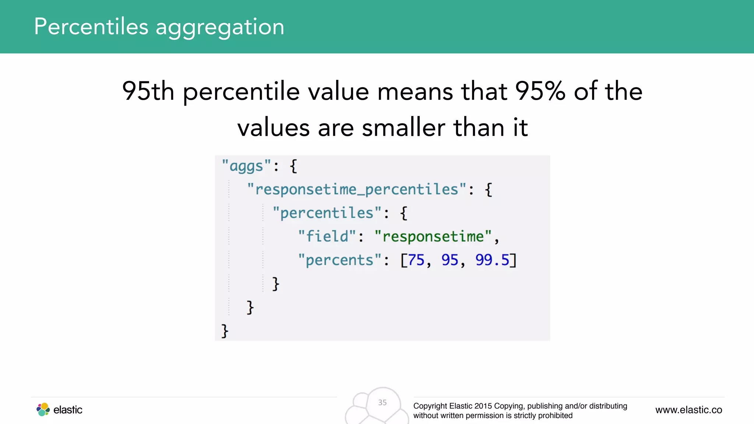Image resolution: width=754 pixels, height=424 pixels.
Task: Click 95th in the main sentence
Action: tap(148, 91)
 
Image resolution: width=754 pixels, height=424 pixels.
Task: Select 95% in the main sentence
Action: tap(540, 91)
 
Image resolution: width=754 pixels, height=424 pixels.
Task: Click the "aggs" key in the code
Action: tap(246, 166)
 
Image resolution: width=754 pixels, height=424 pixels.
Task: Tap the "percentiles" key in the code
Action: tap(327, 213)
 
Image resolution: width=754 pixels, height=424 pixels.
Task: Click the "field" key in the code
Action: tap(327, 237)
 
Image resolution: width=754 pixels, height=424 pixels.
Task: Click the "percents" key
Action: tap(339, 260)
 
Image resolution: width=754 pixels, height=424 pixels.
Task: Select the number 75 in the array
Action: tap(416, 260)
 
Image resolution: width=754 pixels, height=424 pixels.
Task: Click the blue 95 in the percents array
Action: tap(450, 260)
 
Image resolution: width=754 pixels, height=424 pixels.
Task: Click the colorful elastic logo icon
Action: tap(43, 409)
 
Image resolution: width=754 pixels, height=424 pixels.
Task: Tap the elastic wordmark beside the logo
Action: tap(68, 410)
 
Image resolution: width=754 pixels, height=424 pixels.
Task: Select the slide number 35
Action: tap(383, 403)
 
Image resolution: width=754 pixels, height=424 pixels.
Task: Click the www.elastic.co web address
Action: tap(688, 410)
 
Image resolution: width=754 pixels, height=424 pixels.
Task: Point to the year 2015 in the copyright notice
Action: tap(483, 406)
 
